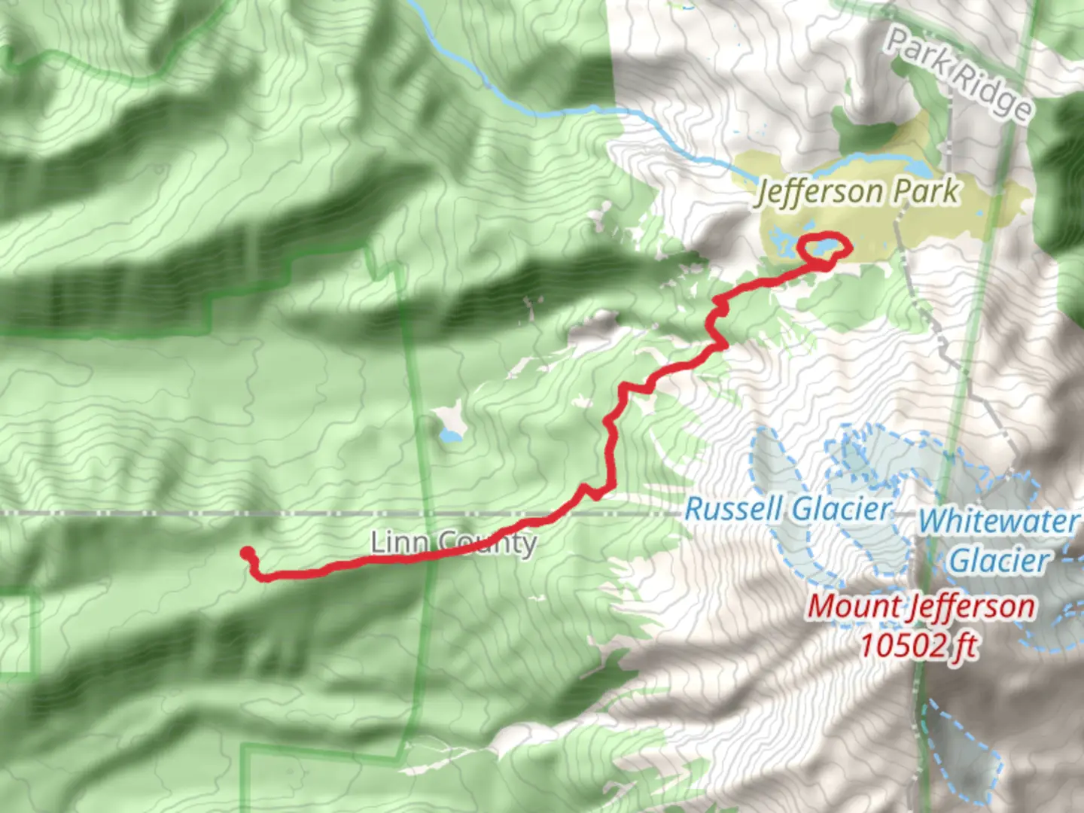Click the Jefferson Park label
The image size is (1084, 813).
pyautogui.click(x=858, y=191)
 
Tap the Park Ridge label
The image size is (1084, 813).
pyautogui.click(x=958, y=73)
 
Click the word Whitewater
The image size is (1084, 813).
pyautogui.click(x=998, y=521)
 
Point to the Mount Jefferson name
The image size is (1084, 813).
pyautogui.click(x=921, y=607)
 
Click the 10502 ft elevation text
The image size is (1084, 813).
pyautogui.click(x=918, y=644)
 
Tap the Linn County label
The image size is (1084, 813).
pyautogui.click(x=454, y=542)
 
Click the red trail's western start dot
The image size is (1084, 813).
pyautogui.click(x=245, y=553)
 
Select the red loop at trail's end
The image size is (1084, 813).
pyautogui.click(x=824, y=248)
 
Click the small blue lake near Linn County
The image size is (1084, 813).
pyautogui.click(x=450, y=436)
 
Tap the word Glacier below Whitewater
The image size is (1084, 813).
pyautogui.click(x=998, y=561)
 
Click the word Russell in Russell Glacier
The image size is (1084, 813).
pyautogui.click(x=733, y=510)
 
